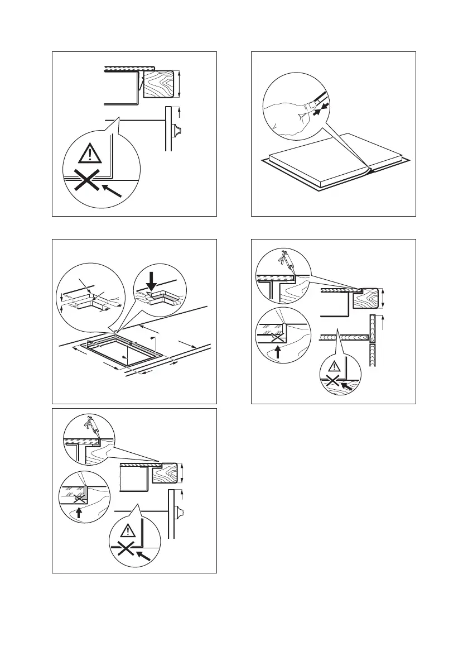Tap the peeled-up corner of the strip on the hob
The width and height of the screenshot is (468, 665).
coord(366,168)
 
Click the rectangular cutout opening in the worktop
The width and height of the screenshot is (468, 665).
coord(122,350)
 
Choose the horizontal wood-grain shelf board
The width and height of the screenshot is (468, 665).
coord(345,336)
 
